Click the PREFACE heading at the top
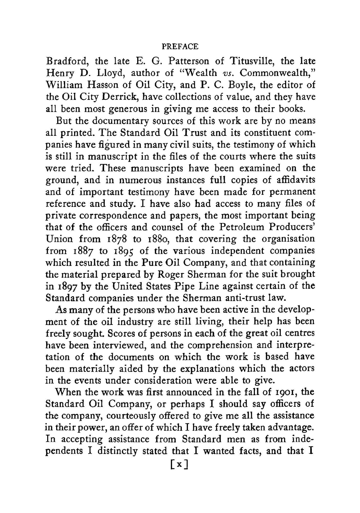(180, 47)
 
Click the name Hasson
(107, 85)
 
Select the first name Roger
(170, 275)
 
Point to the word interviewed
(114, 345)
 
